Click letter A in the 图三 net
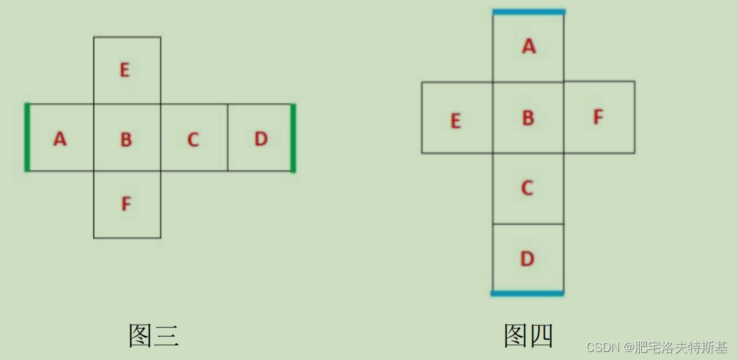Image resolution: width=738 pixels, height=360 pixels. (x=60, y=139)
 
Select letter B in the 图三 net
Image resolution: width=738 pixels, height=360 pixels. (x=126, y=140)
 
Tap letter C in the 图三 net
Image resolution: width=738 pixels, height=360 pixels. (x=193, y=140)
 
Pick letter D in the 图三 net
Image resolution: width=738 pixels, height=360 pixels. (x=261, y=139)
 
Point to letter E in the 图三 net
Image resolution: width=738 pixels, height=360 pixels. (x=125, y=70)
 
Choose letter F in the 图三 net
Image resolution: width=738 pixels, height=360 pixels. (x=126, y=203)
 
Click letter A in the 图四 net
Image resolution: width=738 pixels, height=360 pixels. (x=529, y=46)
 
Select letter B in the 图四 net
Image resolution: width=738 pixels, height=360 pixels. (x=528, y=118)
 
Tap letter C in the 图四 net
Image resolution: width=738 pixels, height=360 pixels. (x=528, y=188)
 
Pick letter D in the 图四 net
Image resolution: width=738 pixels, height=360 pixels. (x=528, y=258)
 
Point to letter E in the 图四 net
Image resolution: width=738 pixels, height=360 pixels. (x=456, y=121)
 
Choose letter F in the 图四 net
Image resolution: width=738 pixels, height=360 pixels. (x=598, y=118)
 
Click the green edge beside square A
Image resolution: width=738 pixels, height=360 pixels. (x=27, y=138)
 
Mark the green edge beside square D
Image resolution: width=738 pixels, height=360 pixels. (x=293, y=138)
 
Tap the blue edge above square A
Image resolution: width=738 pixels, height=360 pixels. (x=529, y=11)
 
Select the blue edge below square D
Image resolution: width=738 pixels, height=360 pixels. (x=528, y=293)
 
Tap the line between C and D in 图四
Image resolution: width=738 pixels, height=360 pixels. (x=528, y=224)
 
